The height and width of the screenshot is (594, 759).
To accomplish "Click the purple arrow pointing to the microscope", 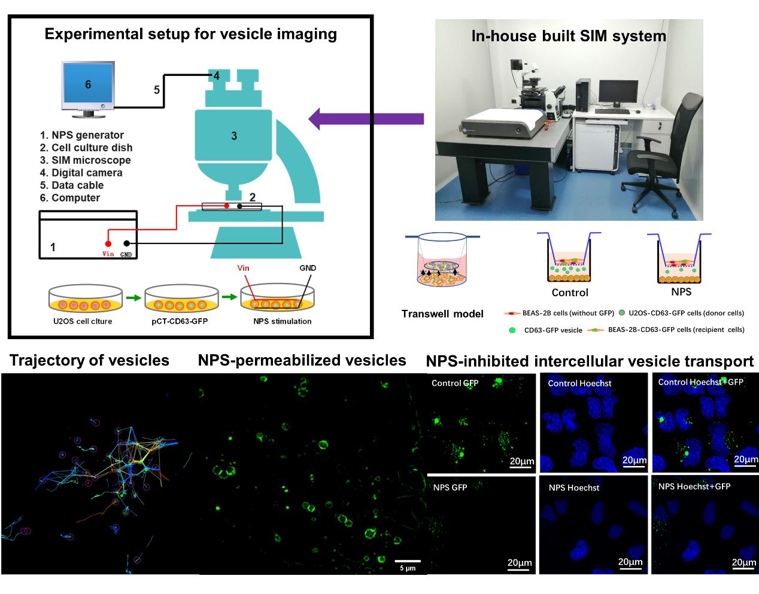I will pos(365,118).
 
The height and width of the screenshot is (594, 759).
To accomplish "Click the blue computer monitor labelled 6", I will pos(88,85).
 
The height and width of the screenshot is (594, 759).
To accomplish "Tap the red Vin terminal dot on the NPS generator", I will pos(108,243).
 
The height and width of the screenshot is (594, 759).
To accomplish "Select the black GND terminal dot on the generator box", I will pos(126,243).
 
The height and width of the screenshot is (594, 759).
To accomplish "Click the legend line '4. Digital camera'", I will pos(81,173).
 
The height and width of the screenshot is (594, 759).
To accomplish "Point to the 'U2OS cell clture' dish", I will pos(85,298).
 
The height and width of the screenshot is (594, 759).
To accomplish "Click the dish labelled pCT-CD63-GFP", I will pos(181,298).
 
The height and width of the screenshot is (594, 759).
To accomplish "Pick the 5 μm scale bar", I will pos(408,562).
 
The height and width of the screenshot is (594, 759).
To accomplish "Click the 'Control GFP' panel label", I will pos(455,383).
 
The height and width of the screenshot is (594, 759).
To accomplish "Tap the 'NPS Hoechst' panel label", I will pos(573,488).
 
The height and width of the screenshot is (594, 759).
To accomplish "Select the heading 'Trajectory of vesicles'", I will pos(89,360).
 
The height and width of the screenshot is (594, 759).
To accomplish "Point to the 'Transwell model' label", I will pos(442,313).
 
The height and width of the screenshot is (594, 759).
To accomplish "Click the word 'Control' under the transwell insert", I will pos(570,293).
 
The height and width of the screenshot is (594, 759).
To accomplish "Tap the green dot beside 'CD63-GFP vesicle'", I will pos(512,330).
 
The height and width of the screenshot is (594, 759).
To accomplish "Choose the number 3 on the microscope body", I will pos(234,136).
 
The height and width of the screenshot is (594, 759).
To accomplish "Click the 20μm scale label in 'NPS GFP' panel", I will pos(519,563).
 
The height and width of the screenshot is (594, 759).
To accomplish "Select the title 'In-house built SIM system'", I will pos(569,36).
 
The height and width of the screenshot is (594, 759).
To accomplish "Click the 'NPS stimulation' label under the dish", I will pos(283,321).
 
